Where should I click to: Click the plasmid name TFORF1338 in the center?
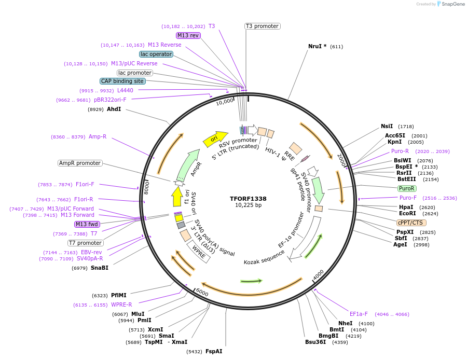point(248,199)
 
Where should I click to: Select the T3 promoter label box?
point(262,26)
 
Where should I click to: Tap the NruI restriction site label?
point(317,46)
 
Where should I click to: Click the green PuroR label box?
point(406,188)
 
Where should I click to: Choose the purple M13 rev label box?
point(188,35)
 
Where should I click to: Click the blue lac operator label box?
point(156,54)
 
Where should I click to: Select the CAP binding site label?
point(122,81)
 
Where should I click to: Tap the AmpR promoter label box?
point(80,163)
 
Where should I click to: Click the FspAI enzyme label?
point(214,351)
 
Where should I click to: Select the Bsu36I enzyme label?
point(315,342)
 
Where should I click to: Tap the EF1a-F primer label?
point(359,314)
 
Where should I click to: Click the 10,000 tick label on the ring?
point(225,102)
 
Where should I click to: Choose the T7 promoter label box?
point(86,243)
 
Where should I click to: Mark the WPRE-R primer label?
point(121,304)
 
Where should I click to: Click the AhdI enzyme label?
point(114,109)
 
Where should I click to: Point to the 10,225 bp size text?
point(248,206)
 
